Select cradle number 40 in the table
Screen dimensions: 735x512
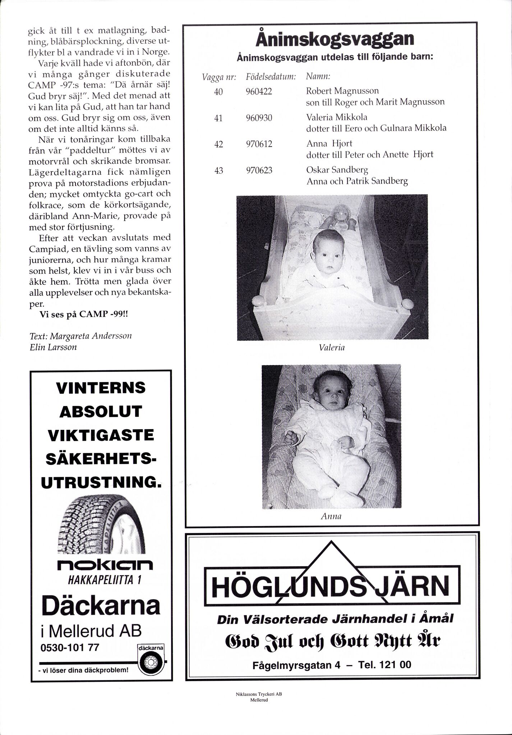(x=218, y=92)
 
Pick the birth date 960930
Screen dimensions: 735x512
(x=259, y=118)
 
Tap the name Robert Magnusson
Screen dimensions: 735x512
(x=342, y=90)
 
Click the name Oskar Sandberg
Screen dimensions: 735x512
(x=337, y=169)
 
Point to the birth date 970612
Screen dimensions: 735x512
(x=259, y=144)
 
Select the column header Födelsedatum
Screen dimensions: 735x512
(x=271, y=77)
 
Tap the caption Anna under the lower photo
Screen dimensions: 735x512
(x=331, y=516)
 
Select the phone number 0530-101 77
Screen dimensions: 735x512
(x=70, y=647)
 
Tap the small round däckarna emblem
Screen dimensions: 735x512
(x=151, y=659)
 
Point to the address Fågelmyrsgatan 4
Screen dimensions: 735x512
(x=296, y=665)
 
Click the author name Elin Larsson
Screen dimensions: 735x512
(x=54, y=347)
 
